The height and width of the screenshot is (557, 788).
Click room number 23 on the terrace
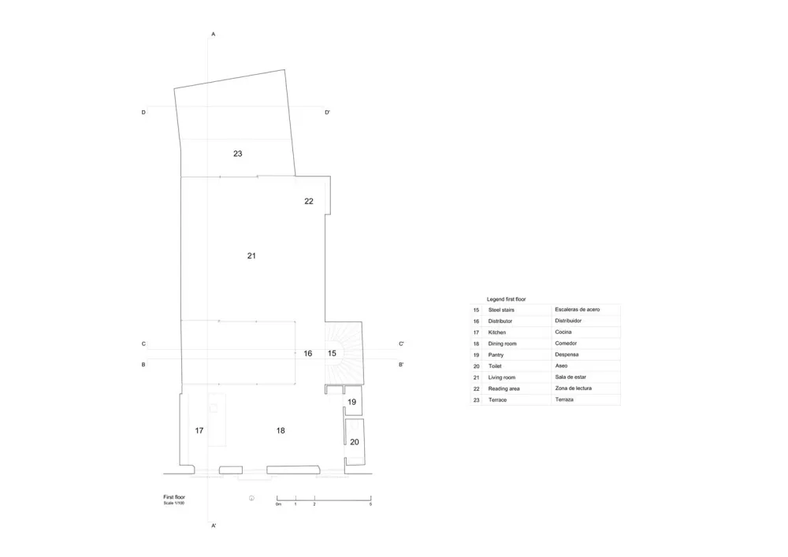click(x=237, y=154)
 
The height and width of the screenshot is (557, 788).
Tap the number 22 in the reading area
click(x=309, y=201)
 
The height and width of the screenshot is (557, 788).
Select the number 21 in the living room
click(x=251, y=255)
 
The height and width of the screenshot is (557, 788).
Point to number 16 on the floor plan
click(x=308, y=353)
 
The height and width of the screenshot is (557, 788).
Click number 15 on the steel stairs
click(x=332, y=353)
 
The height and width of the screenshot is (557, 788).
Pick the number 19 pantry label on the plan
click(x=352, y=402)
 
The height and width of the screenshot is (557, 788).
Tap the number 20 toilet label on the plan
click(x=355, y=442)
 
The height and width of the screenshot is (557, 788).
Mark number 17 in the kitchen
click(x=199, y=430)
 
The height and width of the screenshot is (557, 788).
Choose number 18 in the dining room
click(x=281, y=430)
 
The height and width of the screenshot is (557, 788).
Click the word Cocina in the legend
click(x=564, y=332)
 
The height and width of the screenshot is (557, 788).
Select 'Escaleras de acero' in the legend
click(x=578, y=310)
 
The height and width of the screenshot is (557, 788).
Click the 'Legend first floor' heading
click(x=507, y=299)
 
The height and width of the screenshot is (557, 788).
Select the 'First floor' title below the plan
click(x=174, y=497)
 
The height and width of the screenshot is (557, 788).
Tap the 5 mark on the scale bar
click(x=370, y=503)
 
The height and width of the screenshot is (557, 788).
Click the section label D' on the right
click(x=327, y=113)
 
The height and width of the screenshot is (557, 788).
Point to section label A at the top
click(x=214, y=35)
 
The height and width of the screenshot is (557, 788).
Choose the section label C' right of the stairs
click(x=401, y=344)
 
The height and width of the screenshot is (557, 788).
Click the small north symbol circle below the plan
click(x=251, y=497)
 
